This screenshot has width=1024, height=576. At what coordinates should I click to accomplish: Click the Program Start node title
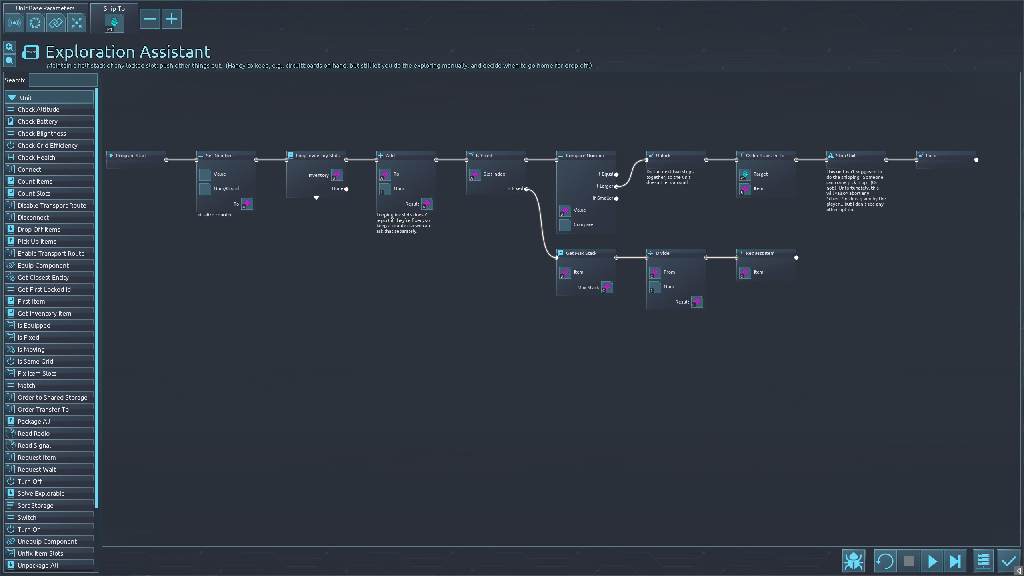(x=131, y=156)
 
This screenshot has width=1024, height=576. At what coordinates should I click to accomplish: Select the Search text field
(x=63, y=80)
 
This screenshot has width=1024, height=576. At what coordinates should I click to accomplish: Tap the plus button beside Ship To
(x=171, y=19)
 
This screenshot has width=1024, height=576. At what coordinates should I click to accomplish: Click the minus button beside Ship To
(x=150, y=19)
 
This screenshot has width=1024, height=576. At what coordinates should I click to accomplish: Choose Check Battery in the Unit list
(x=38, y=121)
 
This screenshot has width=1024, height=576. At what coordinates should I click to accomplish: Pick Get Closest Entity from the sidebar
(x=43, y=277)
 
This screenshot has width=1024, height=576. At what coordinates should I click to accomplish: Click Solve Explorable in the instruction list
(x=41, y=493)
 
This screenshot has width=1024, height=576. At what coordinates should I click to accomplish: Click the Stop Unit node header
(x=846, y=156)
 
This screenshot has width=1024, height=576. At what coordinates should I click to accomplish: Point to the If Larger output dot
(x=616, y=186)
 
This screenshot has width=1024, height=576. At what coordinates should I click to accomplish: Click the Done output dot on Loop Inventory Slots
(x=346, y=189)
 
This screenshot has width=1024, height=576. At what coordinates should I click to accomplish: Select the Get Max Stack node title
(x=581, y=253)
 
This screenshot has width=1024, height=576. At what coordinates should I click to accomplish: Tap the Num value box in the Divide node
(x=655, y=287)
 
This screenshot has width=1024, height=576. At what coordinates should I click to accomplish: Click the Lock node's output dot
(x=976, y=160)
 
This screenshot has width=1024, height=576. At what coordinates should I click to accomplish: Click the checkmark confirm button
(x=1008, y=561)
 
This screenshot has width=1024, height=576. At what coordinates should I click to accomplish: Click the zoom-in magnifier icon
(x=10, y=47)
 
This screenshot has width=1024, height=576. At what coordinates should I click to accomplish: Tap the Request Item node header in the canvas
(x=760, y=253)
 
